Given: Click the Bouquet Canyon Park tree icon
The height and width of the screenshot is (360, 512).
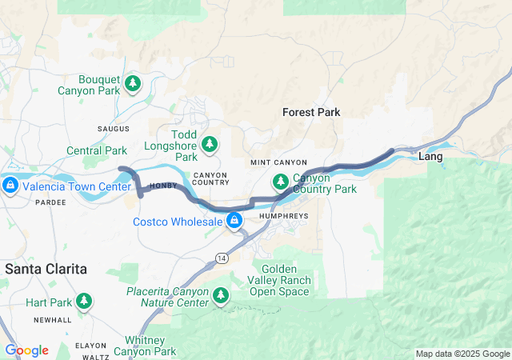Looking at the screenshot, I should (134, 82).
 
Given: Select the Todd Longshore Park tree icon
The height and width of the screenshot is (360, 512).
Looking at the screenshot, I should (210, 143).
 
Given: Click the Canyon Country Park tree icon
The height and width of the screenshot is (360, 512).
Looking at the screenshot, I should (281, 182).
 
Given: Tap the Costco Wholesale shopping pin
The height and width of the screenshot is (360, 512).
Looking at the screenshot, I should (234, 220).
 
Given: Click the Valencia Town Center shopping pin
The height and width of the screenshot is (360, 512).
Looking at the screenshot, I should (10, 186).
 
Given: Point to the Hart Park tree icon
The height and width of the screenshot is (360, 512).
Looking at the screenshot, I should (84, 302).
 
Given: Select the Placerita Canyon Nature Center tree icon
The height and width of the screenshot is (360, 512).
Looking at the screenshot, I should (221, 296).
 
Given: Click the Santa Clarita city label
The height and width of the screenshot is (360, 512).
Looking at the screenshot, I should (46, 269).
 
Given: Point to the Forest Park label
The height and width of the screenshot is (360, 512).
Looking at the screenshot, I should (311, 113).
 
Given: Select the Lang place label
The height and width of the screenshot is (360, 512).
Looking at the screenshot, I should (430, 157).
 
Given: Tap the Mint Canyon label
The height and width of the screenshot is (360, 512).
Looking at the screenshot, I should (274, 162).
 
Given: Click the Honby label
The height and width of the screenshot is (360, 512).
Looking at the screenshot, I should (163, 186).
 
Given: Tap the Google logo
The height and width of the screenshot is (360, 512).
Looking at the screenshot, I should (26, 350).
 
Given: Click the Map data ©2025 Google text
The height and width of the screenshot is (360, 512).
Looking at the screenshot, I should (462, 354).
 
